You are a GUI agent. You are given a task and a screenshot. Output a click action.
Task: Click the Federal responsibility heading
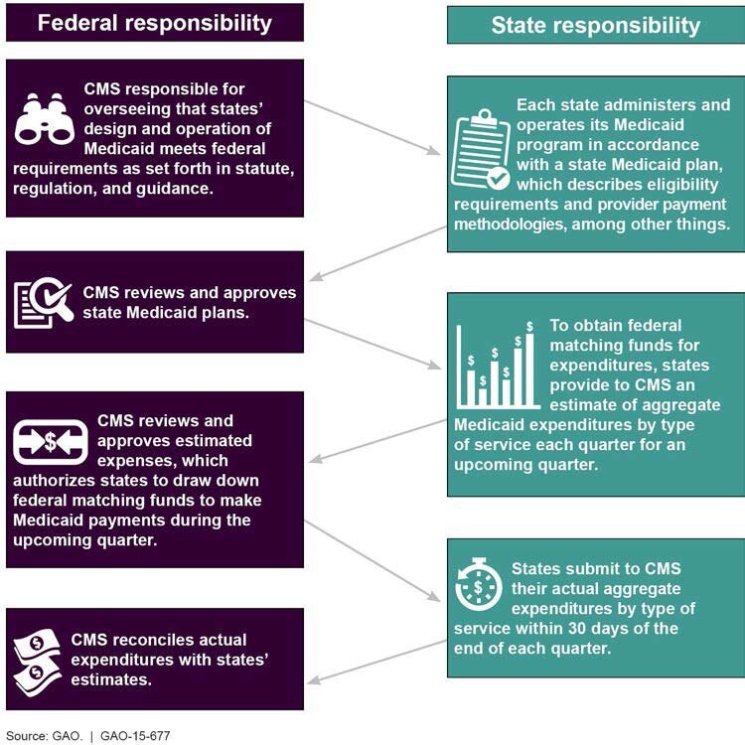pos(154,23)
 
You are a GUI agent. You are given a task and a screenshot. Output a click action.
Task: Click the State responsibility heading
pos(596,25)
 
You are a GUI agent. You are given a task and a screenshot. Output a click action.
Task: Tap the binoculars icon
pos(44,119)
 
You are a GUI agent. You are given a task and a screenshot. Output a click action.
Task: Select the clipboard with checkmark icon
pos(481,149)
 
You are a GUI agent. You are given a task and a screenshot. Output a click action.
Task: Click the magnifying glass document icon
pos(44,303)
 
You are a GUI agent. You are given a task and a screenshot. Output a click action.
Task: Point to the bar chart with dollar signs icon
pos(498,365)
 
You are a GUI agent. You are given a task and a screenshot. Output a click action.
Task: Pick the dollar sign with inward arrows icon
pos(51,442)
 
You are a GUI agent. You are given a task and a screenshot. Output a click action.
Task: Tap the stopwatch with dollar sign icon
pos(478,584)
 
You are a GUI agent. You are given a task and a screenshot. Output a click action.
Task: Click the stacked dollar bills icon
pos(37,663)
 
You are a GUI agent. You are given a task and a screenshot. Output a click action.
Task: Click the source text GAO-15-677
pos(135,736)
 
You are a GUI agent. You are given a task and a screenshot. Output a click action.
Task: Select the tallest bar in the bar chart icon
pos(529,370)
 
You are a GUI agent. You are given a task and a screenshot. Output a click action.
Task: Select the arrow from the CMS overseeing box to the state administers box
pos(372,127)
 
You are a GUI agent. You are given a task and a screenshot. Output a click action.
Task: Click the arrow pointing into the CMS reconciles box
pos(376,663)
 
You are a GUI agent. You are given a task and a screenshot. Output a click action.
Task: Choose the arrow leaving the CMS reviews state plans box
pos(372,344)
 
